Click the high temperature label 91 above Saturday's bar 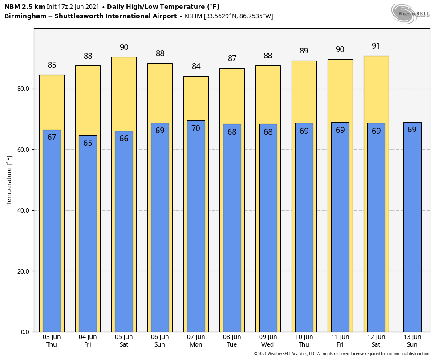point(376,46)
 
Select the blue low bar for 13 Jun point(412,227)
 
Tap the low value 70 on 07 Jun point(196,128)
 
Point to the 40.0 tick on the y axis point(23,210)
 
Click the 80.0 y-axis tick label point(23,89)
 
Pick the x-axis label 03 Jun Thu point(52,341)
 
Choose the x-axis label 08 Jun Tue point(232,341)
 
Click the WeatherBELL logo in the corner point(410,13)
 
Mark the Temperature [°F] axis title point(9,180)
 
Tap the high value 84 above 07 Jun point(196,66)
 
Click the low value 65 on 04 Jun point(88,143)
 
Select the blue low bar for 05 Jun point(124,232)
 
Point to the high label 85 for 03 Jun point(52,65)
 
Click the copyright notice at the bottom point(342,354)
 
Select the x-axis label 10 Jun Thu point(304,341)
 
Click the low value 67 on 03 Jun point(52,137)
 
